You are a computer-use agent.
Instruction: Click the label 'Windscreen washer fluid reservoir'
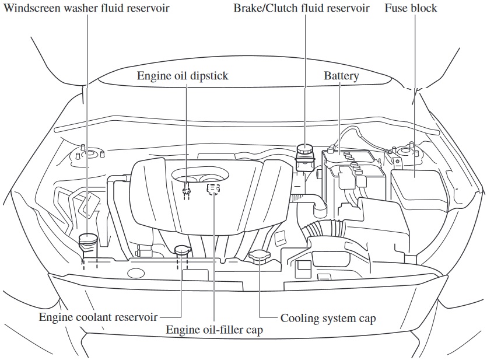[x=86, y=9]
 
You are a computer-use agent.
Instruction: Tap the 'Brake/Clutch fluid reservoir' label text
[x=301, y=9]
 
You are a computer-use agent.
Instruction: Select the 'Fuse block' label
[x=411, y=9]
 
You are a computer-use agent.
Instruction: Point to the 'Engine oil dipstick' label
[x=183, y=76]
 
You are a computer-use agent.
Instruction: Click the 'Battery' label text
[x=341, y=76]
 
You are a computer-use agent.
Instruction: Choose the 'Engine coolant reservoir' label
[x=98, y=317]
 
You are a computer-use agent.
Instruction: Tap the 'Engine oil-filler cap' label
[x=215, y=330]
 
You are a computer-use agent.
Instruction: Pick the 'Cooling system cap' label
[x=328, y=318]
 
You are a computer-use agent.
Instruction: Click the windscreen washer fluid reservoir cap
[x=87, y=238]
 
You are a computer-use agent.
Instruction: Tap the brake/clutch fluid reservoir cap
[x=304, y=150]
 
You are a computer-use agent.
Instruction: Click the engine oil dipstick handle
[x=187, y=189]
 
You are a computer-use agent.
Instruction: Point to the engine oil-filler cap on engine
[x=213, y=189]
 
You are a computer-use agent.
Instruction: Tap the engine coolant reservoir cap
[x=182, y=251]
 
